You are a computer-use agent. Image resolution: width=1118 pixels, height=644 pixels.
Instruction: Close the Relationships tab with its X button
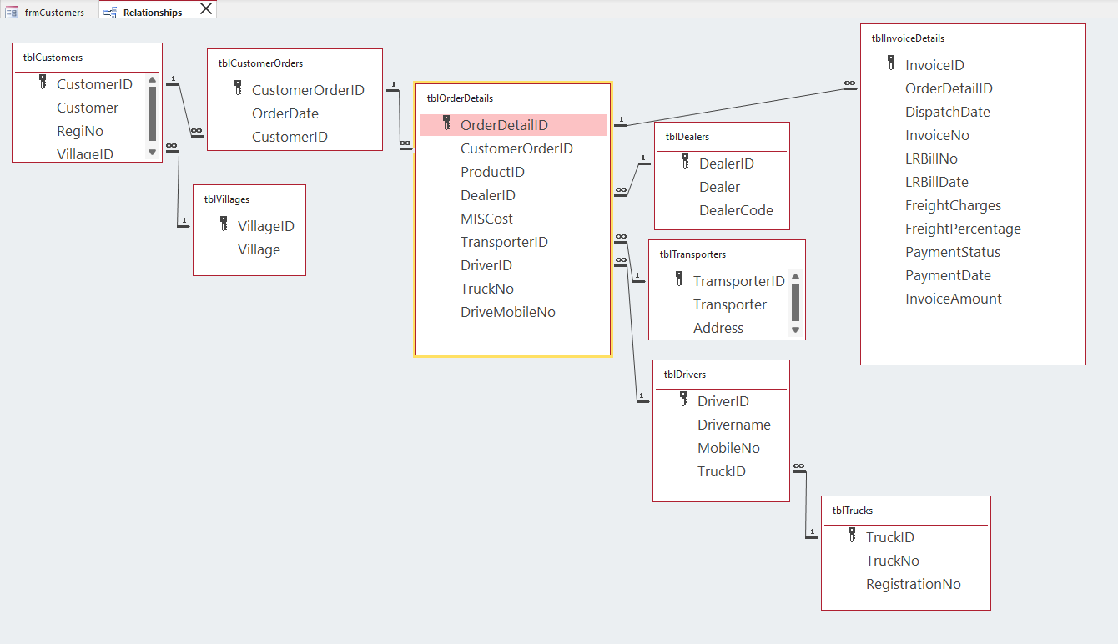[206, 9]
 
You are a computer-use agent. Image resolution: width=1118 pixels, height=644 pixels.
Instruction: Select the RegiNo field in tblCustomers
[80, 131]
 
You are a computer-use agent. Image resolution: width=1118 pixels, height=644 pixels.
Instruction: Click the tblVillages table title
[227, 199]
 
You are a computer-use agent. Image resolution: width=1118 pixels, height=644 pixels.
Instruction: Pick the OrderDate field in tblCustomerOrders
[285, 113]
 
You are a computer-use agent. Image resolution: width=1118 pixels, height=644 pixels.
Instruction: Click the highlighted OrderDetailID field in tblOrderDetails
[504, 125]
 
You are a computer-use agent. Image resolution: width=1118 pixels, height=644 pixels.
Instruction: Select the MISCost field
[486, 219]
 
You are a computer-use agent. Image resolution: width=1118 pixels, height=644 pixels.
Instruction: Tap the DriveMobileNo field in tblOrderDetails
[507, 312]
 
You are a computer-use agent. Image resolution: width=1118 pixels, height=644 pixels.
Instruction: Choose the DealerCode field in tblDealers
[736, 210]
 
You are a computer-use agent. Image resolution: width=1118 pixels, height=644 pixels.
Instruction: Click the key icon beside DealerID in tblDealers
[685, 161]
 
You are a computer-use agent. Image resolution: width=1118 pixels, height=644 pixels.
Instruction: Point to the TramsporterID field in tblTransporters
[738, 281]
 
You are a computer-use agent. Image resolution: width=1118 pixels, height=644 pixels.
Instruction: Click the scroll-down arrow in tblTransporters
[795, 330]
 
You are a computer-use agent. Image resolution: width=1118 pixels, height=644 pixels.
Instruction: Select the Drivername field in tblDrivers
[733, 425]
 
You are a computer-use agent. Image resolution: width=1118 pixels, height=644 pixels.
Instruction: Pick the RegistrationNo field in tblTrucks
[913, 584]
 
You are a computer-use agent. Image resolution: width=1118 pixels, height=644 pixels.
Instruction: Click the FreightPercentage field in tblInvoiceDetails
[963, 229]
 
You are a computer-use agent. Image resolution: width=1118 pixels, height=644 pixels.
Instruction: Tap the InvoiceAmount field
[953, 299]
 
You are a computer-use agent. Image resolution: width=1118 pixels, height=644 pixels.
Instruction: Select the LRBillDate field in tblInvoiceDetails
[936, 182]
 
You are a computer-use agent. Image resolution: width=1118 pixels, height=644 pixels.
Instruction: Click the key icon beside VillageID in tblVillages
[224, 224]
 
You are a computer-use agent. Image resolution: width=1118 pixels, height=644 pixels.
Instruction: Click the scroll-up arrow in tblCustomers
[152, 81]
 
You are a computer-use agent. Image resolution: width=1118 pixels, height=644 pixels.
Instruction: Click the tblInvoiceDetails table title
[908, 38]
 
